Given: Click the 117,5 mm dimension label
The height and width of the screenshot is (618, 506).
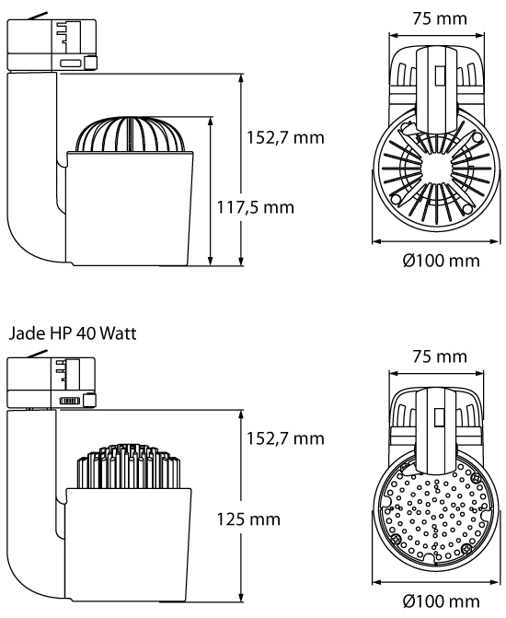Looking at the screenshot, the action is pyautogui.click(x=255, y=207).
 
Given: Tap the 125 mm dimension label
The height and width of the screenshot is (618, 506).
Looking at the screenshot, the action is pyautogui.click(x=248, y=519).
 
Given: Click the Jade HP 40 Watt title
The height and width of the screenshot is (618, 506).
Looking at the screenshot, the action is pyautogui.click(x=73, y=333).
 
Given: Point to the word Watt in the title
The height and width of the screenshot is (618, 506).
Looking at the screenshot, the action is pyautogui.click(x=118, y=333).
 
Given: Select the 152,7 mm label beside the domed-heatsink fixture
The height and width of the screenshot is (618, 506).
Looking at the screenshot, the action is pyautogui.click(x=285, y=137).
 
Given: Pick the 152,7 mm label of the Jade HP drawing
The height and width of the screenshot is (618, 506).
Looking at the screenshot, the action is pyautogui.click(x=285, y=438).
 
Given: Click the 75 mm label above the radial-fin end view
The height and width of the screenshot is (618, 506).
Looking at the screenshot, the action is pyautogui.click(x=440, y=18).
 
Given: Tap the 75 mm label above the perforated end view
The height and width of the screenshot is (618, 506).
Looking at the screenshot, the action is pyautogui.click(x=440, y=356).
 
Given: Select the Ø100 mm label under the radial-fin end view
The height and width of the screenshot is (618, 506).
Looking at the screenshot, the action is pyautogui.click(x=441, y=261).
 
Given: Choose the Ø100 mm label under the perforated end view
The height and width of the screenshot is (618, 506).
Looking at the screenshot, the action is pyautogui.click(x=441, y=601).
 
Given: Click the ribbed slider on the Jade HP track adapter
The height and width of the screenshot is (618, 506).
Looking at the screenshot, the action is pyautogui.click(x=70, y=401).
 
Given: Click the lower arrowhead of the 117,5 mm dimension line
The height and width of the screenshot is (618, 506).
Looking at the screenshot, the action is pyautogui.click(x=211, y=261).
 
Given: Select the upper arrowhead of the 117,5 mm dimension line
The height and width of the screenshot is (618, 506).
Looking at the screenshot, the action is pyautogui.click(x=211, y=122).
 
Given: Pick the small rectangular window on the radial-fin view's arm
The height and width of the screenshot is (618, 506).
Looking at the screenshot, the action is pyautogui.click(x=439, y=76).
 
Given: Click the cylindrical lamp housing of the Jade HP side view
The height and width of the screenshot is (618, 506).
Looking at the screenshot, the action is pyautogui.click(x=129, y=548).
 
